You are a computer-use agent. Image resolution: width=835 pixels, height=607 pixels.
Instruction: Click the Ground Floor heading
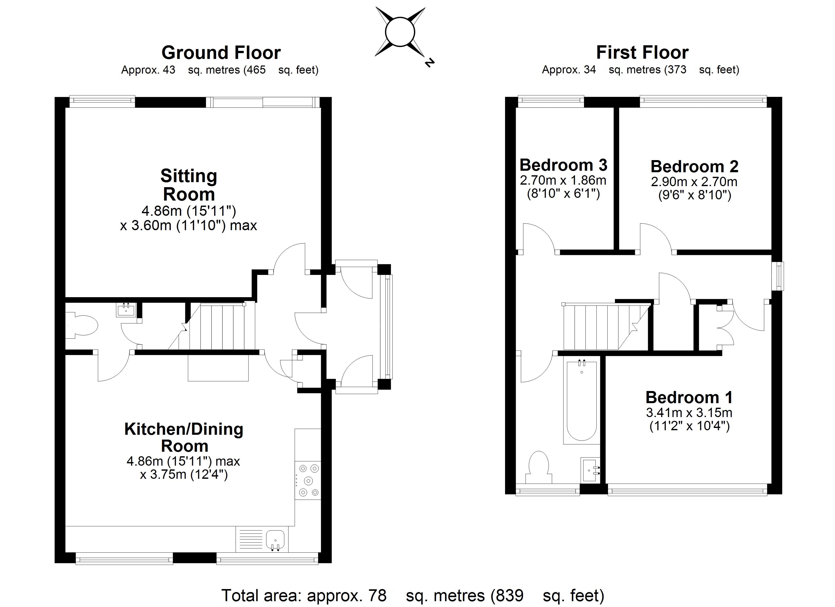point(221,53)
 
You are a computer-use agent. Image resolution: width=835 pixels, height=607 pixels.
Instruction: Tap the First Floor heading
point(642,53)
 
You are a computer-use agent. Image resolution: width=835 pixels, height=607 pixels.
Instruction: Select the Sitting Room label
point(189,185)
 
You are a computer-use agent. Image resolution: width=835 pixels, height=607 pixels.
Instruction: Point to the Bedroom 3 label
point(563,165)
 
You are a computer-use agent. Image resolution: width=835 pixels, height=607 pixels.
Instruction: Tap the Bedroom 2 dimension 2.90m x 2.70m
point(694,182)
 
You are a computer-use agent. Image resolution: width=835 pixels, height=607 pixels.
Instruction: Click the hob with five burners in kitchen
point(308,480)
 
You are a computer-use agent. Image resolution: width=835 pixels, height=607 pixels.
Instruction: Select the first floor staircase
point(600,326)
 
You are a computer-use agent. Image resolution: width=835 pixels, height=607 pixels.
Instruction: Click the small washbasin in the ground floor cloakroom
point(126,310)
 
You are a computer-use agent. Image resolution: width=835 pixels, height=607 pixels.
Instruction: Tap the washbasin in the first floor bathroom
point(590,470)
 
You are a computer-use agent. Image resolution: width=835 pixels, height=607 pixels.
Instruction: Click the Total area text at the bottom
point(412,595)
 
